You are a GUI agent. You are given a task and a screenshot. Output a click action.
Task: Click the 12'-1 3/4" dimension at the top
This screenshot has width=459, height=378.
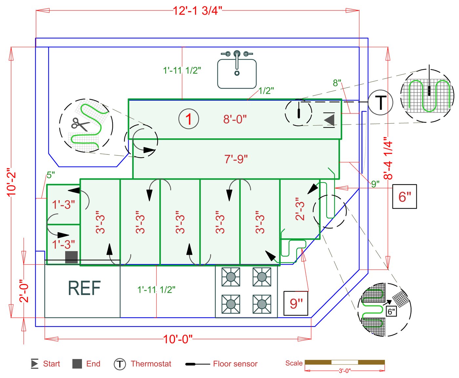[197, 10]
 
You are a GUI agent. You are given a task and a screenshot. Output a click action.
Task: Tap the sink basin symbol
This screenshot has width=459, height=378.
[237, 74]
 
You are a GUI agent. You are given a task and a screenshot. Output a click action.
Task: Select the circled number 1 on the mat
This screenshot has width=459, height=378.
[189, 119]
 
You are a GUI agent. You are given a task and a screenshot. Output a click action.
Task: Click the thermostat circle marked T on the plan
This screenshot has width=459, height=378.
[380, 102]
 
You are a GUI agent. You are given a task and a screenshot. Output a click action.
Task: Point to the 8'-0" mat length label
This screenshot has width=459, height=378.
[235, 119]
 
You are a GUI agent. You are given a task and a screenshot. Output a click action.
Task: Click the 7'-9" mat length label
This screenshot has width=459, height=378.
[236, 159]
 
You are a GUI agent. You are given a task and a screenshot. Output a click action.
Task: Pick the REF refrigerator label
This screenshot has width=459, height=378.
[84, 288]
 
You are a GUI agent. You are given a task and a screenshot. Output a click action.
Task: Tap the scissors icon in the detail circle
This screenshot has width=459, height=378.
[80, 125]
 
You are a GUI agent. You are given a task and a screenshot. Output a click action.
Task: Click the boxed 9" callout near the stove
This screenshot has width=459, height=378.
[296, 304]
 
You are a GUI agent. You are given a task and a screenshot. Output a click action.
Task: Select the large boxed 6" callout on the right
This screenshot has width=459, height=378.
[405, 196]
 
